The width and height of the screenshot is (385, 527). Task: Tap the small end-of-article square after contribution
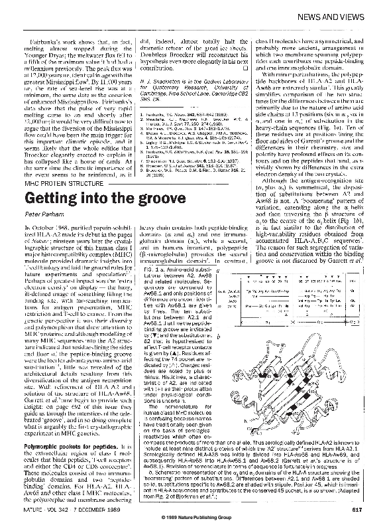(x=245, y=68)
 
